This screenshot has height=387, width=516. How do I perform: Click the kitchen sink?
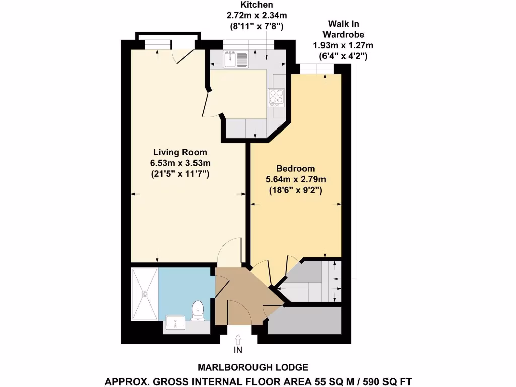coord(236,60)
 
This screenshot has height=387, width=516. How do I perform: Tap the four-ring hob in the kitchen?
coord(276,97)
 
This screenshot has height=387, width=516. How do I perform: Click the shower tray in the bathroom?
coord(145,294)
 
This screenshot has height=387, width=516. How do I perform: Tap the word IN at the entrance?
coord(238,349)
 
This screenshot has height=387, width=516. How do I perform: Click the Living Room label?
coord(180,152)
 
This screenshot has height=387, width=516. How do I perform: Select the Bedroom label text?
coord(295,168)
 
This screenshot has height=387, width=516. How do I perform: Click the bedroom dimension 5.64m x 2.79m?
coord(296,179)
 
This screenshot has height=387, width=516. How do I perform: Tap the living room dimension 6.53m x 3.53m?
coord(180,163)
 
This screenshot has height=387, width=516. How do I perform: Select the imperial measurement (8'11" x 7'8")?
coord(253,26)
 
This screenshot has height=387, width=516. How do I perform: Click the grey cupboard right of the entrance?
coord(304,320)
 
